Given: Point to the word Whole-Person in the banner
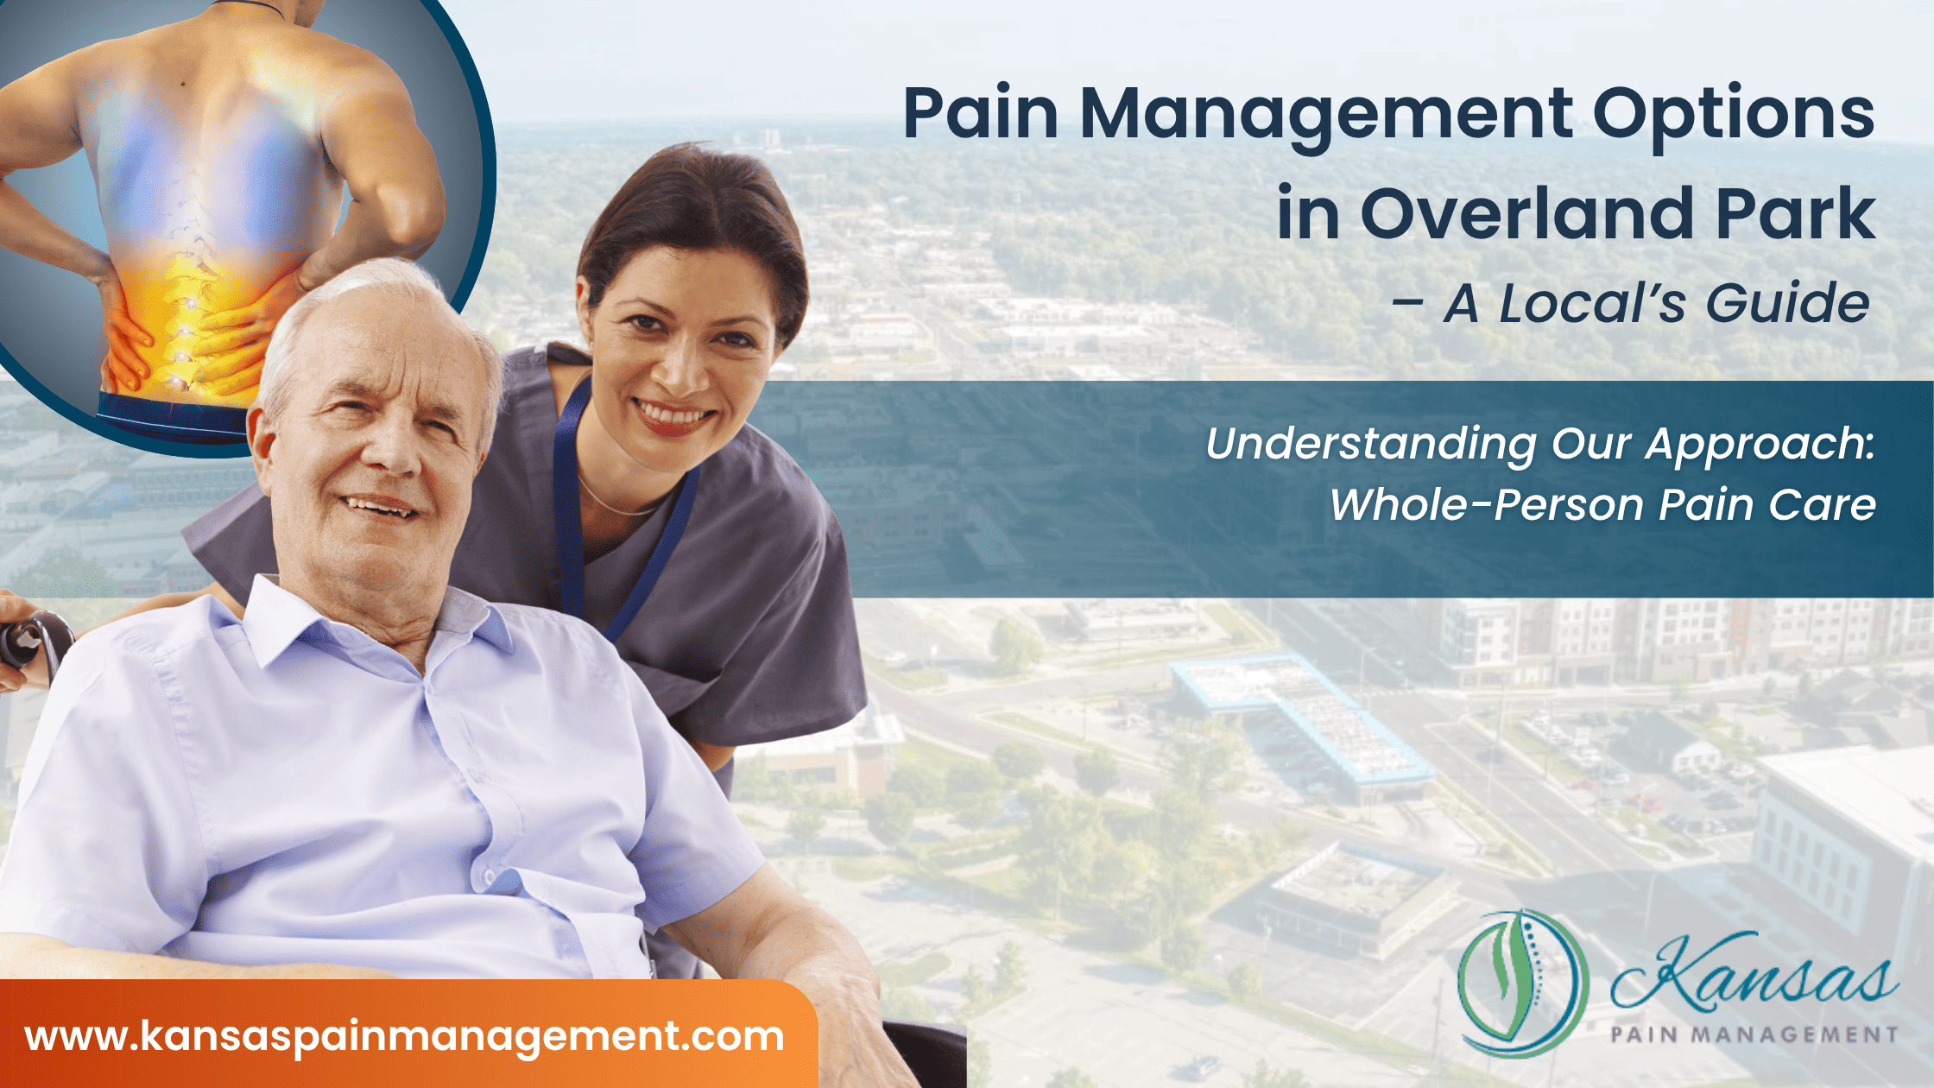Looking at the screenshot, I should coord(1486,505).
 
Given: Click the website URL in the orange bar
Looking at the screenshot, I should coord(404,1036).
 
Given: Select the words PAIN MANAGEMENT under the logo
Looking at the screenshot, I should coord(1754,1034).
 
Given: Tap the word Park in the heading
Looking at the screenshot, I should coord(1796,214).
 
